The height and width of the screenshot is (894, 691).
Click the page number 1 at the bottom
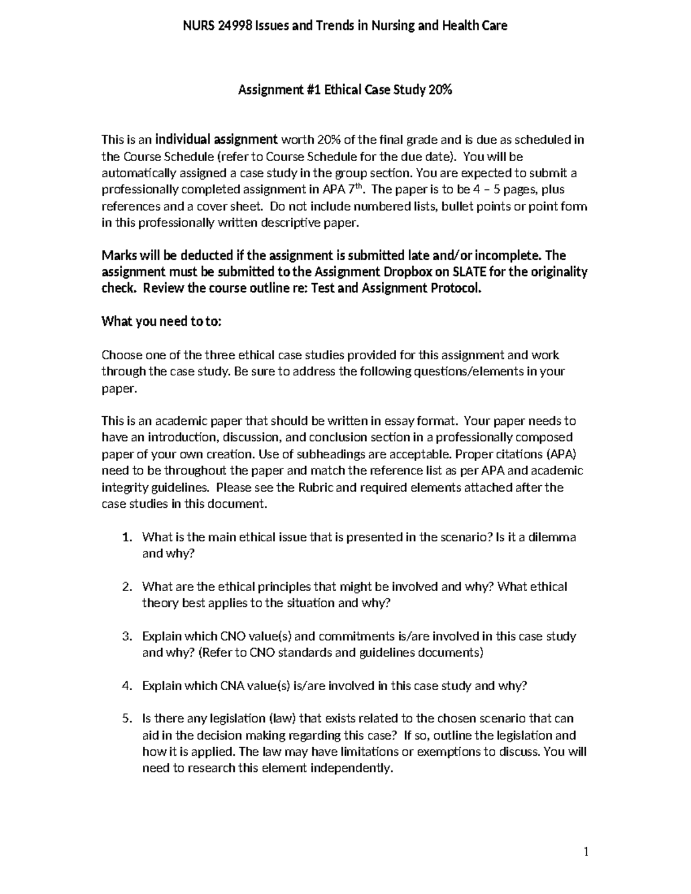(x=586, y=853)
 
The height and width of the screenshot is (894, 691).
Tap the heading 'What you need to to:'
(x=161, y=322)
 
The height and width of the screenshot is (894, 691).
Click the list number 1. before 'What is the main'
(x=128, y=538)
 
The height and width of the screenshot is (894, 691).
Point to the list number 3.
(x=128, y=637)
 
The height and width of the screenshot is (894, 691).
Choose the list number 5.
(x=128, y=719)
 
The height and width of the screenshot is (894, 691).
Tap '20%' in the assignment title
(x=440, y=90)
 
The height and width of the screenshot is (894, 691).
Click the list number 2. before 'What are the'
(x=128, y=587)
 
